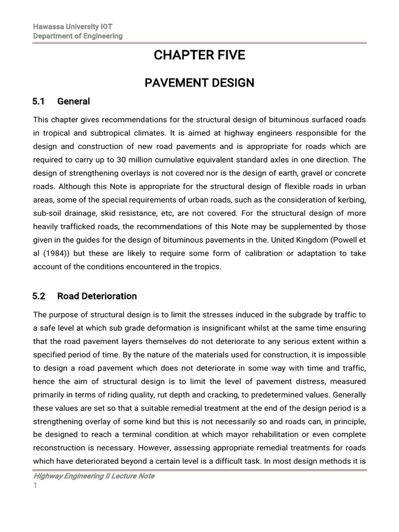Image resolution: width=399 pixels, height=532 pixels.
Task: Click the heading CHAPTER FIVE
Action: pos(199,56)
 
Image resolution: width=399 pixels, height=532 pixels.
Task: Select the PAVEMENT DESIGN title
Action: pos(199,82)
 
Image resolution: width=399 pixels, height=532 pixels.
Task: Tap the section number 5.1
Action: pos(39,101)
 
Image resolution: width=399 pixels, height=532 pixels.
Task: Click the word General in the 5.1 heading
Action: pos(73,101)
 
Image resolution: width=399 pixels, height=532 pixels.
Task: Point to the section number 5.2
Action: pos(39,296)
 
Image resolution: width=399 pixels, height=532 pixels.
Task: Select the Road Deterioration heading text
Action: pos(97,296)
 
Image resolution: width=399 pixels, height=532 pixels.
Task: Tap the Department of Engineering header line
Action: pos(78,36)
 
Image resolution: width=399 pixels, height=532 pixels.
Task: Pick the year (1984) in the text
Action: pos(54,254)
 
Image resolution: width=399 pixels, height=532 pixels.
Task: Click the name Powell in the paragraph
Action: pos(345,240)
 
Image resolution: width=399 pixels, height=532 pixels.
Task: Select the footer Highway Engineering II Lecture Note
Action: pos(94,476)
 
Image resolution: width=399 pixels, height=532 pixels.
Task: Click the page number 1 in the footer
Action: pos(35,486)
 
